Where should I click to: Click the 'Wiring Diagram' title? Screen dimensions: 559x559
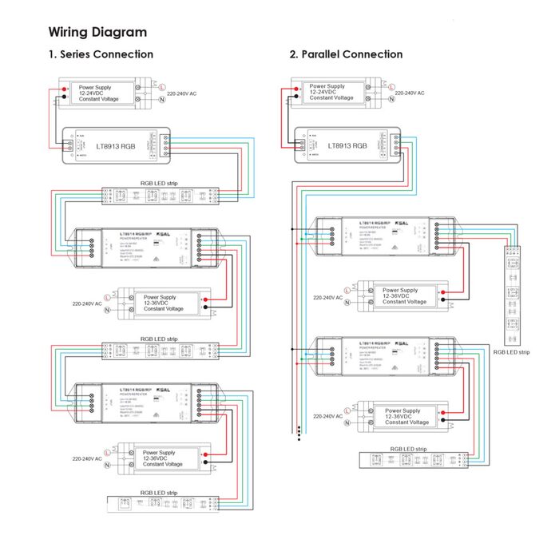click(x=97, y=32)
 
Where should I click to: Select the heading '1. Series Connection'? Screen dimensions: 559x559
click(x=101, y=54)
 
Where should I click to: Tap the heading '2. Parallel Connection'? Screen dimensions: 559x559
click(x=346, y=54)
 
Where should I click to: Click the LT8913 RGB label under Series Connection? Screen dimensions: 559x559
click(x=113, y=147)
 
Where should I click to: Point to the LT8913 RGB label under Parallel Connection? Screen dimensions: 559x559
click(x=347, y=146)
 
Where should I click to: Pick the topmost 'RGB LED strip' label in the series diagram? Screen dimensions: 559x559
click(x=160, y=183)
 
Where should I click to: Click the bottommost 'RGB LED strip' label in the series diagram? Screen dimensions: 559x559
click(x=159, y=493)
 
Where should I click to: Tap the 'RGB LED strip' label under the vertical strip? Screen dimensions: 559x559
click(x=511, y=351)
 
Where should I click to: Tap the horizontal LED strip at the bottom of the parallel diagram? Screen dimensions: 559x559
click(x=415, y=461)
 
